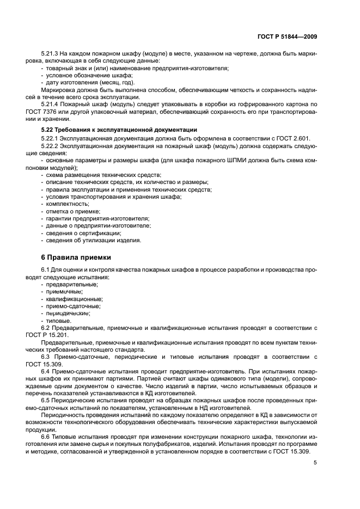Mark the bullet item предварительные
click(72, 284)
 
